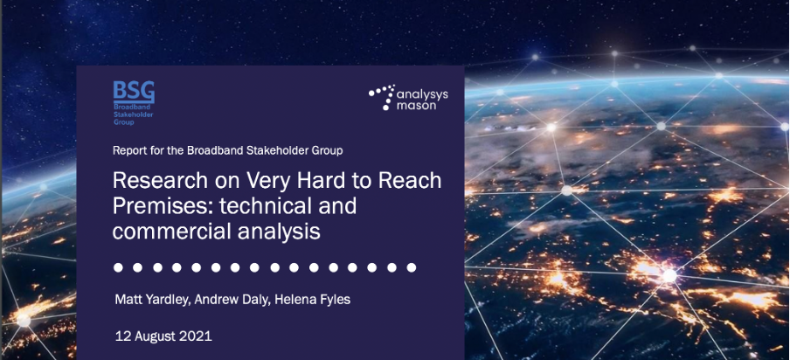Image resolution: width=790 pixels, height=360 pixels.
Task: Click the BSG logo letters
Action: point(134,92)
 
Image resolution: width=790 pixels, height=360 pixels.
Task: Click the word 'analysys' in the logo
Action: point(422,94)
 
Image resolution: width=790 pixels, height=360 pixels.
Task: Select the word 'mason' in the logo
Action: point(416,106)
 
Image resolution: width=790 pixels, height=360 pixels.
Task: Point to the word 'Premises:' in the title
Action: point(158,206)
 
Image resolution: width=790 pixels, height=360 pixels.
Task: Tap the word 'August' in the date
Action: point(156,336)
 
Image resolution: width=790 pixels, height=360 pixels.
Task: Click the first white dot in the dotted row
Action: point(118,267)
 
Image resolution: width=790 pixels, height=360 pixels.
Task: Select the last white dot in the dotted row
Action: point(412,267)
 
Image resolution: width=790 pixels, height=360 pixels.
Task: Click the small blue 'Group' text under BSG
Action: point(123,121)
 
